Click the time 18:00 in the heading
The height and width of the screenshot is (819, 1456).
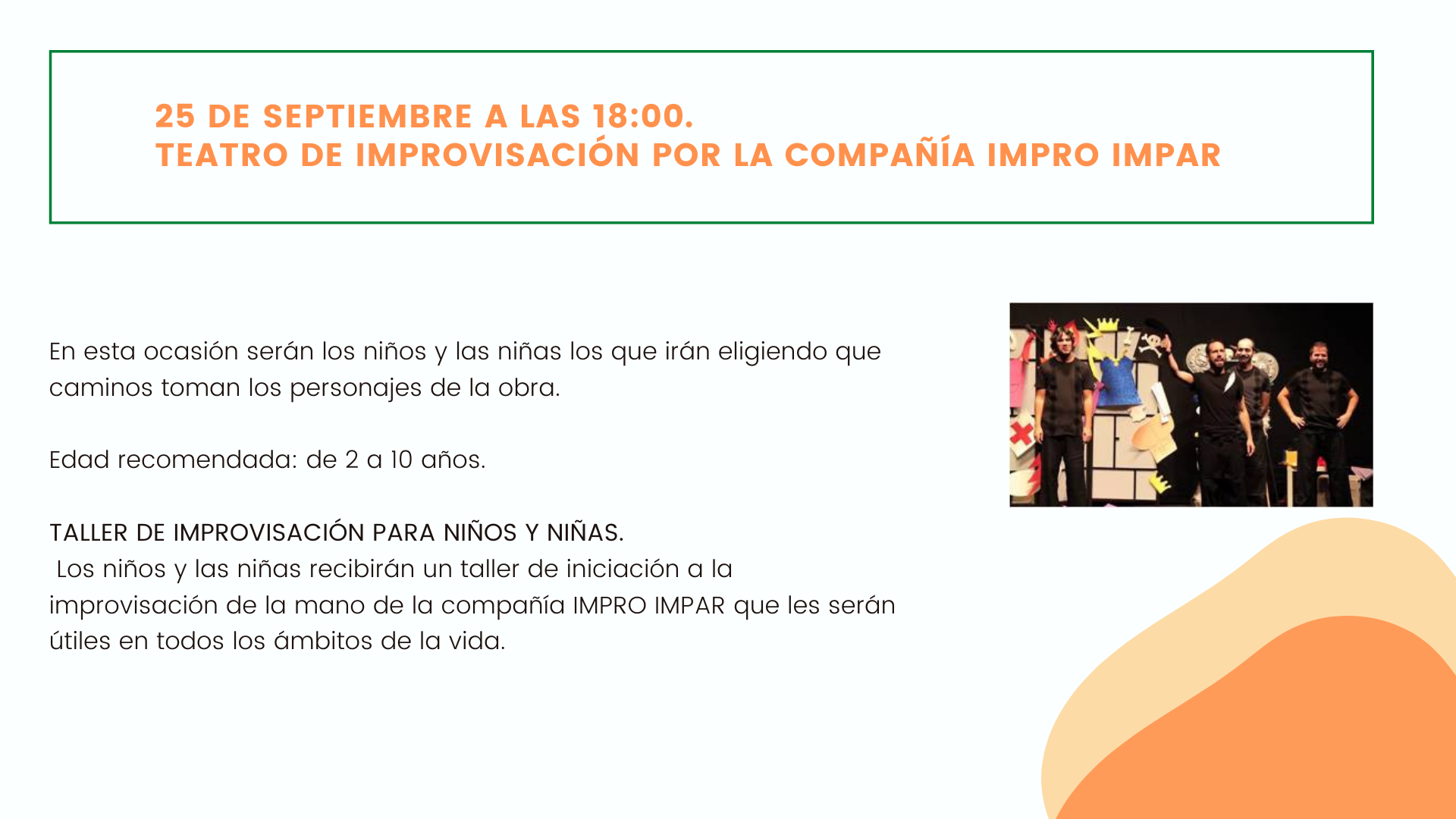tap(642, 117)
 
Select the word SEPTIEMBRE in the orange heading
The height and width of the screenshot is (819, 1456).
tap(368, 117)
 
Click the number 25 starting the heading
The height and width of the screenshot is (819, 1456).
tap(175, 117)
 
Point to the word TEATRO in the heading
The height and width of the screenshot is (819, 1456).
tap(221, 155)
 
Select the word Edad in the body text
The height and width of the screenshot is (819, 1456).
tap(80, 460)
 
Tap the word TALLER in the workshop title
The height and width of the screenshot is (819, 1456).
tap(89, 532)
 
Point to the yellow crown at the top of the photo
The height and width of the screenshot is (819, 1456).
tap(1108, 325)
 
